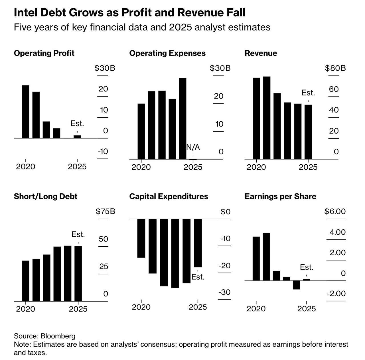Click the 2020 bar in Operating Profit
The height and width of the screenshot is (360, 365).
click(26, 112)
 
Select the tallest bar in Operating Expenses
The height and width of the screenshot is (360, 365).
click(182, 118)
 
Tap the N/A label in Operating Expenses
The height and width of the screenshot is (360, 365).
click(193, 147)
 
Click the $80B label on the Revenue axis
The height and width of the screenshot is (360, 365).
click(335, 68)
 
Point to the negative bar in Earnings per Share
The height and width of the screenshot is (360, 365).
click(297, 285)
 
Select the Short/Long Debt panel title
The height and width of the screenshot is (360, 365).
click(46, 197)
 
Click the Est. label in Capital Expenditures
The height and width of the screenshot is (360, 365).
click(198, 277)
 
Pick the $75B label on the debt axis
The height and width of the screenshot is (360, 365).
click(106, 211)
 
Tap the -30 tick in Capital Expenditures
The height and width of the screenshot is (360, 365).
click(224, 292)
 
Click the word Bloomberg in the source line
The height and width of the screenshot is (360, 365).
click(58, 336)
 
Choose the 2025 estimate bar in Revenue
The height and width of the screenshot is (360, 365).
click(308, 132)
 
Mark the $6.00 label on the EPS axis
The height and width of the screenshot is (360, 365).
click(335, 211)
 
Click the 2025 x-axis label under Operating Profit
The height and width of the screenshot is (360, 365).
click(77, 167)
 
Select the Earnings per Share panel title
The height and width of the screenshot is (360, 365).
click(280, 197)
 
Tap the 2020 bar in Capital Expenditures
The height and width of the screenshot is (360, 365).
click(141, 238)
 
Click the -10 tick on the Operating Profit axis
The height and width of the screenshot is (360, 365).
click(103, 151)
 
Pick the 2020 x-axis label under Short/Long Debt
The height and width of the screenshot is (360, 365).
click(26, 309)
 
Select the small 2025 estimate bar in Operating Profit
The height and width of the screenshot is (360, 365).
click(77, 137)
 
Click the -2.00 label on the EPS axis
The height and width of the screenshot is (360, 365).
click(336, 294)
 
